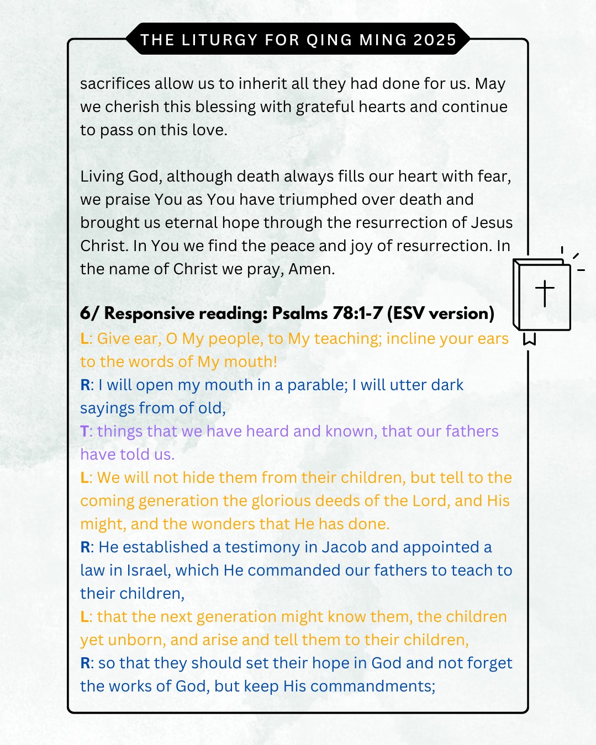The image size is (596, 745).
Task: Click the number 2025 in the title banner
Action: tap(435, 40)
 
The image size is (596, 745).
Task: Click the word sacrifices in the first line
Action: tap(115, 84)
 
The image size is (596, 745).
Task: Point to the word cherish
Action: tap(129, 107)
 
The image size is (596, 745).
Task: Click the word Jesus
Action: tap(492, 223)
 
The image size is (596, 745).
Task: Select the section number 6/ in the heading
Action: tap(89, 313)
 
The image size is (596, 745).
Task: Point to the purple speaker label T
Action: tap(84, 432)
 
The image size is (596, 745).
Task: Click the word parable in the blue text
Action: tap(317, 385)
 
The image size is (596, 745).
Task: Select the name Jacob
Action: tap(344, 547)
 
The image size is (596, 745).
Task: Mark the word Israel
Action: tap(147, 571)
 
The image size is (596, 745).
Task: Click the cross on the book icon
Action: tap(545, 293)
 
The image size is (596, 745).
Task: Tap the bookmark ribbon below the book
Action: tap(529, 339)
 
